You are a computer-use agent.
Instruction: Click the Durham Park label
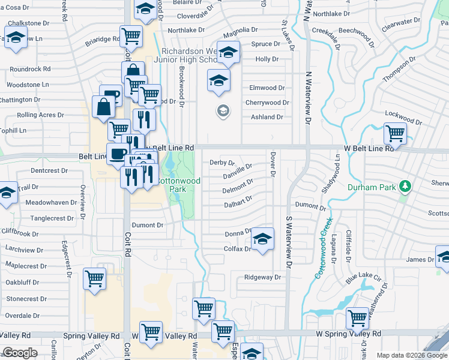[x=372, y=187]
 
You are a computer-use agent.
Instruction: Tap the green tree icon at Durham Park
[x=406, y=187]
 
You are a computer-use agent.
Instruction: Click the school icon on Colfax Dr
[x=262, y=239]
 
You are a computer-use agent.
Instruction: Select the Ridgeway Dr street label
[x=262, y=277]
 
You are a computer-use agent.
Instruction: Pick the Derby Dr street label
[x=222, y=163]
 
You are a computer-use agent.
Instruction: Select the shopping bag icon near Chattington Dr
[x=104, y=107]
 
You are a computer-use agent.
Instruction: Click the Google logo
[x=20, y=353]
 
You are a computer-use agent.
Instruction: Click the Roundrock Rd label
[x=30, y=69]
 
